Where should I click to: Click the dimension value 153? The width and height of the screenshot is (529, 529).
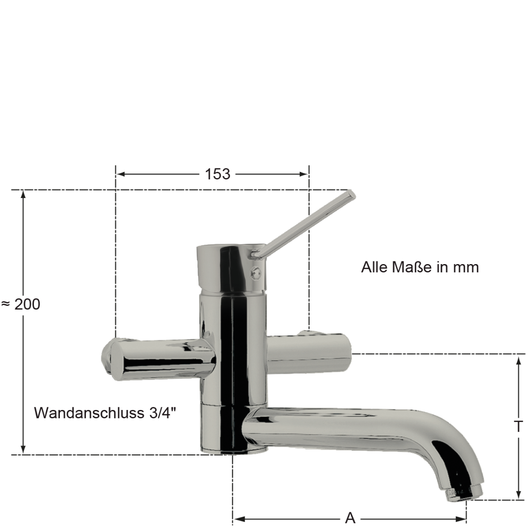217,174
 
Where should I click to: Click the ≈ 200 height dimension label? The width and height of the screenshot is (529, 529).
21,304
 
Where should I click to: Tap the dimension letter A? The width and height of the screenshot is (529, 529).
350,518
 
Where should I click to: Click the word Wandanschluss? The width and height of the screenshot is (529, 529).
89,413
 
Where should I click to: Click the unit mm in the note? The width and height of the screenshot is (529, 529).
465,267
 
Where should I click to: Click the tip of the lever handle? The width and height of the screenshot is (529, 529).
350,194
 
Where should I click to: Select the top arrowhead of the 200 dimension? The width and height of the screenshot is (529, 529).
23,194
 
